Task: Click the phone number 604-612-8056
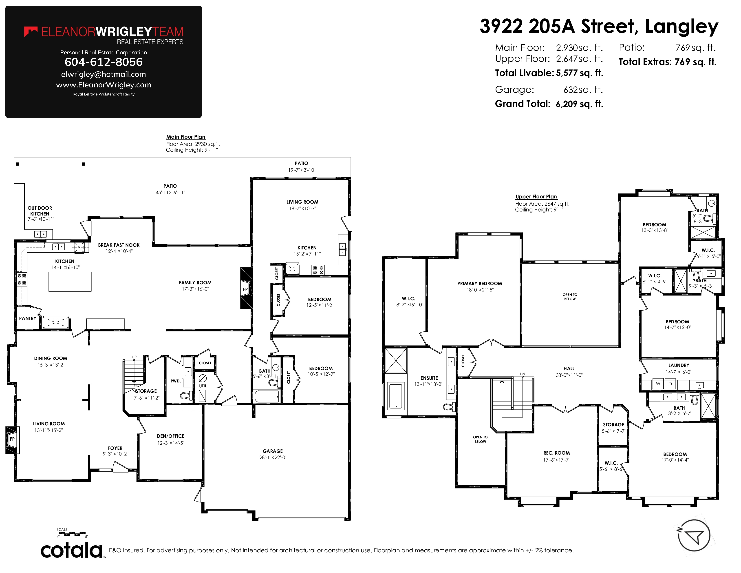104,62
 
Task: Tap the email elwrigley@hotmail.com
104,74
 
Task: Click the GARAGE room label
273,451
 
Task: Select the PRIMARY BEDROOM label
479,283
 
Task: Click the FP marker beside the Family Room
245,289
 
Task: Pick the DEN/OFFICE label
171,436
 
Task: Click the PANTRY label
27,318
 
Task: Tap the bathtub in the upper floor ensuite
396,395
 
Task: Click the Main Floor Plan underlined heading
186,137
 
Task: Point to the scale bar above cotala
72,534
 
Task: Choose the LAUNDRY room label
679,365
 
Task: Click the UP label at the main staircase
134,357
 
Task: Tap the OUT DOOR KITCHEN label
40,211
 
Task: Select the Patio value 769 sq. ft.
696,48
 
